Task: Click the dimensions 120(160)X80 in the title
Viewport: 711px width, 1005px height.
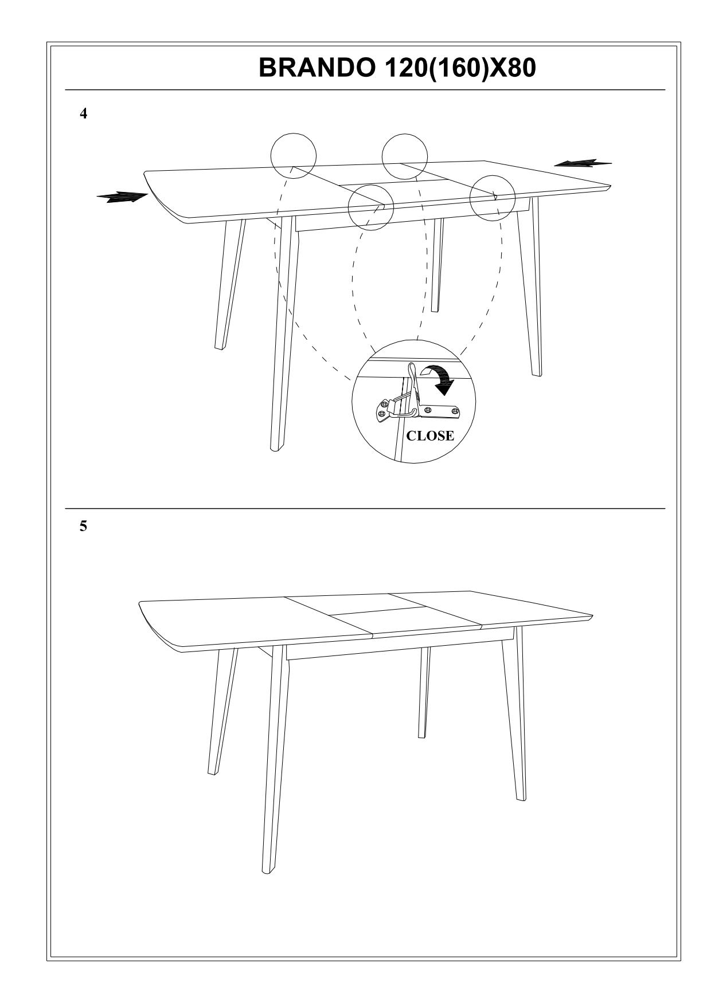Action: (x=456, y=68)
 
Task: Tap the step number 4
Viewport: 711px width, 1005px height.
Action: (x=84, y=114)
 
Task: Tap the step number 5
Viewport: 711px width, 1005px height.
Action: (x=84, y=527)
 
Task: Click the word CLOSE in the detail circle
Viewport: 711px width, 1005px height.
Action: (x=430, y=436)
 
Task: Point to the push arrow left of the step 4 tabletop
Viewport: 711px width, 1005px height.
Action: (x=123, y=197)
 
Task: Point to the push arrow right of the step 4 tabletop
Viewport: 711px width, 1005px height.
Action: (x=583, y=163)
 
